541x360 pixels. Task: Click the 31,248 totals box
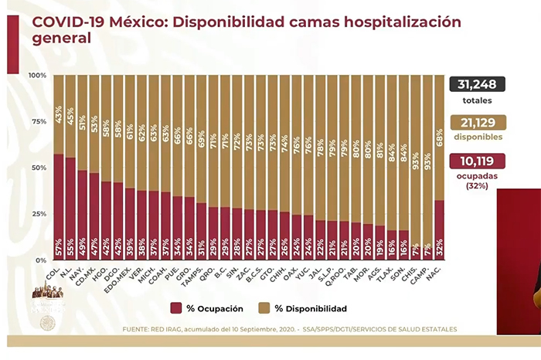pyautogui.click(x=478, y=85)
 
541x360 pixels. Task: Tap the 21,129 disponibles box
pyautogui.click(x=478, y=123)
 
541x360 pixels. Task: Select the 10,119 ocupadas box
pyautogui.click(x=478, y=161)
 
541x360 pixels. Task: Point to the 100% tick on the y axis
pyautogui.click(x=37, y=75)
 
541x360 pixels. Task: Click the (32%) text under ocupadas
pyautogui.click(x=477, y=186)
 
